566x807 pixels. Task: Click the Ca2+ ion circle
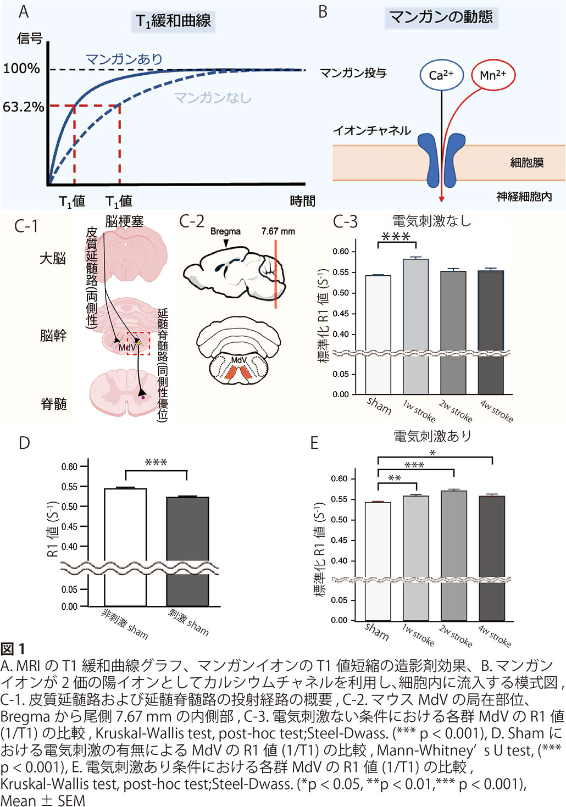pos(441,75)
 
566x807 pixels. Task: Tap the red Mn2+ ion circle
pos(493,75)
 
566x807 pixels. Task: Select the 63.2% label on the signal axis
pos(23,107)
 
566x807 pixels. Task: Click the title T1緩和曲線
pos(173,21)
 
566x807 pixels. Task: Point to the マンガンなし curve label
pos(212,98)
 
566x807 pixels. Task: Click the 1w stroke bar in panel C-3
pos(416,324)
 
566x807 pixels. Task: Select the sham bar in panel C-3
pos(378,332)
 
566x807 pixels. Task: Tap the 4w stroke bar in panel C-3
pos(491,330)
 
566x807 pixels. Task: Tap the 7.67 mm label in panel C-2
pos(278,231)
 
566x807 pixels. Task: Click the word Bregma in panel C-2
pos(225,231)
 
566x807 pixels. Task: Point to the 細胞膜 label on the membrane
pos(526,162)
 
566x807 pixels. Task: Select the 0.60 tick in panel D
pos(69,467)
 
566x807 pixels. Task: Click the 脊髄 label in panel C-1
pos(53,404)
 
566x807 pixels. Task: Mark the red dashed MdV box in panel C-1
pos(138,343)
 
